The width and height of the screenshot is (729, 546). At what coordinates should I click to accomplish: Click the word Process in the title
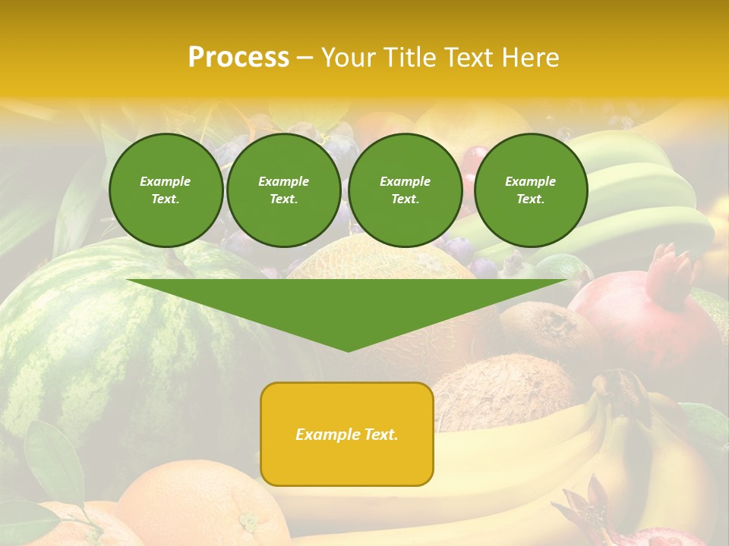[x=238, y=58]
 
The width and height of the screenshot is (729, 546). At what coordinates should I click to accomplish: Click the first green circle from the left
[x=166, y=190]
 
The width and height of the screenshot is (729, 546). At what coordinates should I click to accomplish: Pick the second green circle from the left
[x=283, y=190]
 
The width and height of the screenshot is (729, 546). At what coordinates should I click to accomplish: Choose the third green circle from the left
[x=405, y=190]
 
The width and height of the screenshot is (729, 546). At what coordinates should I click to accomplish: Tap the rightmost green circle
[x=530, y=190]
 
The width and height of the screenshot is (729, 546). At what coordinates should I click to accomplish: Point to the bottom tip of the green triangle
[x=348, y=350]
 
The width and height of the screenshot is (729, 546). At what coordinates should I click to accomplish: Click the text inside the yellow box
[x=347, y=435]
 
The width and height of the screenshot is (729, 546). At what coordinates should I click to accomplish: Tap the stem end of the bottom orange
[x=248, y=522]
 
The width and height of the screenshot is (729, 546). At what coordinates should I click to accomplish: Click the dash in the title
[x=305, y=58]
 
